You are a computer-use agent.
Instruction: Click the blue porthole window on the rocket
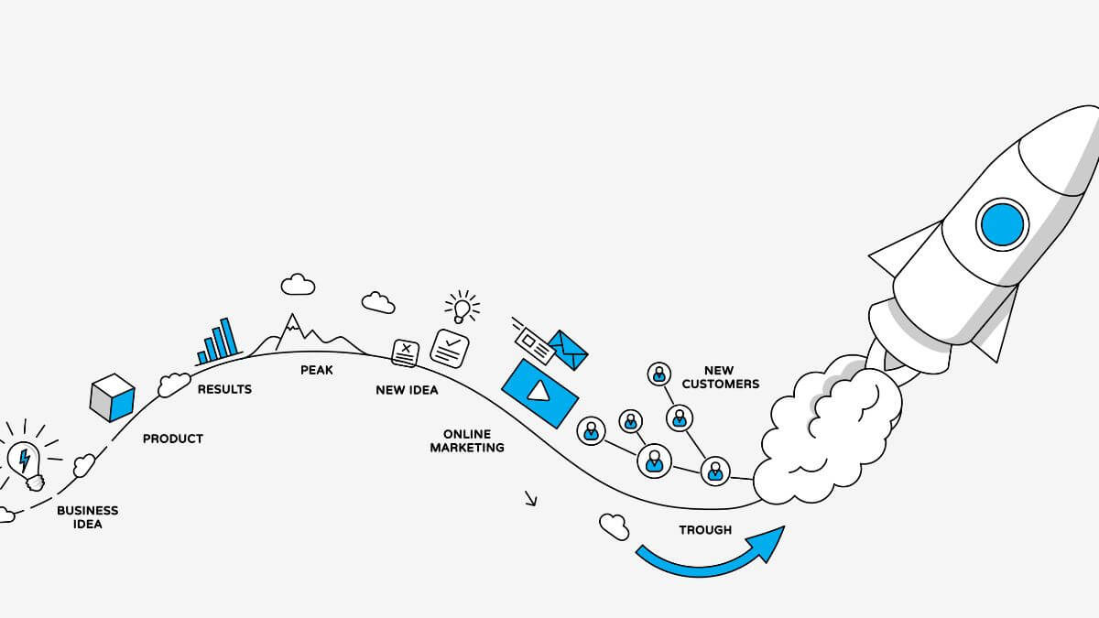coord(1002,223)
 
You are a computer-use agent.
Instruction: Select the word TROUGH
coord(705,529)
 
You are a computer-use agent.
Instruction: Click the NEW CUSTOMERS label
coord(720,377)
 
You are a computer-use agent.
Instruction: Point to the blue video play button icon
coord(539,391)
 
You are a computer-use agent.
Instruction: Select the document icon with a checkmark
coord(450,348)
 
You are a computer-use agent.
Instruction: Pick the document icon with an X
coord(406,352)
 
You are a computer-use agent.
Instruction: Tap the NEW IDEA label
coord(407,390)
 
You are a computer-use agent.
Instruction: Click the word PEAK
coord(316,370)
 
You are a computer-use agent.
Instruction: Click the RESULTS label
coord(224,389)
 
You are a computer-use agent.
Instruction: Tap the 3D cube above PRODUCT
coord(113,398)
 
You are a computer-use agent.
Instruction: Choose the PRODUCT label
coord(172,439)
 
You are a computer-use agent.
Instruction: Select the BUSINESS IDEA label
coord(87,517)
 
